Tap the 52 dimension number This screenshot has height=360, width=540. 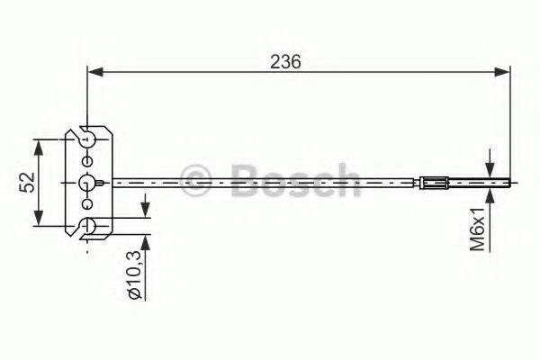coord(26,182)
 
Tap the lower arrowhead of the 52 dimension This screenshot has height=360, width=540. coord(39,221)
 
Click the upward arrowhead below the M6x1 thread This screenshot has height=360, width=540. coord(490,194)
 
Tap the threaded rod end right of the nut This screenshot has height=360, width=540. coord(477,183)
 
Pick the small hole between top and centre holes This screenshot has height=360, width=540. coord(86,161)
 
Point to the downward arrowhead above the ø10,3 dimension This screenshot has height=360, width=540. coord(145,211)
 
